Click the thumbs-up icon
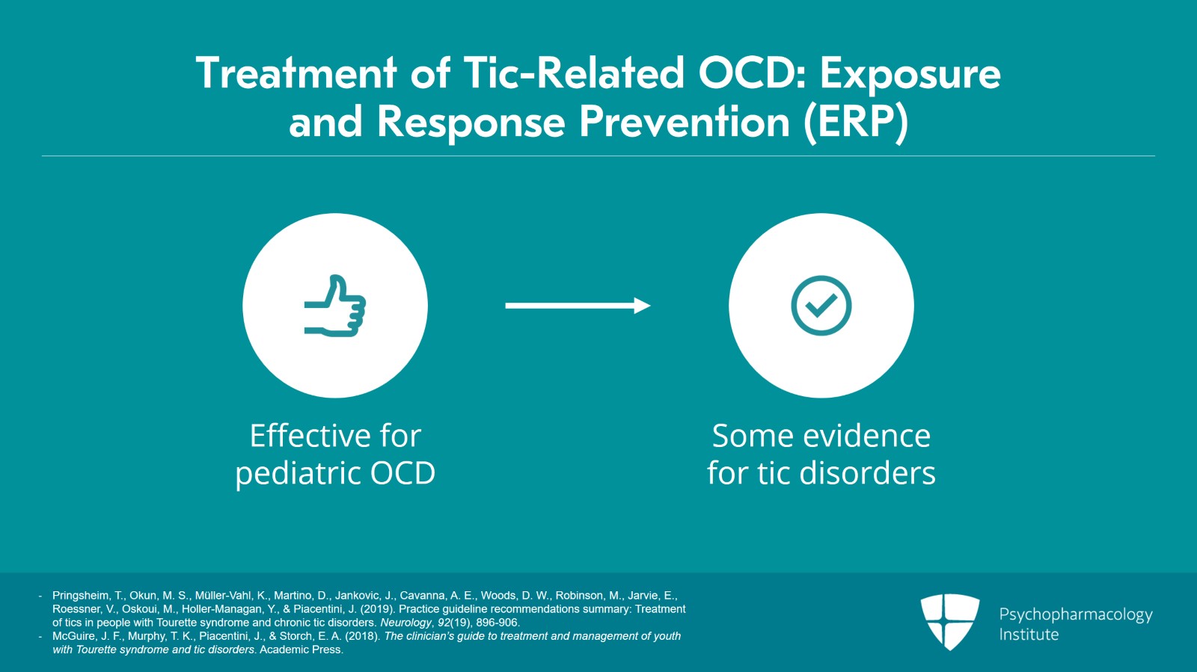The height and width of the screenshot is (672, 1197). point(335,306)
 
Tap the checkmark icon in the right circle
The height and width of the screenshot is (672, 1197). point(821,306)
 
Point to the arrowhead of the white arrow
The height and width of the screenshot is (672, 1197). point(643,305)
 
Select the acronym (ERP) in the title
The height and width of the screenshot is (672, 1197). point(856,122)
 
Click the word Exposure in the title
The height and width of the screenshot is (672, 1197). point(910,73)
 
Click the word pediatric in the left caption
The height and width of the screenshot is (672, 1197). point(296,473)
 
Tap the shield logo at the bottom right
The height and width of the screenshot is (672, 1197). point(949,621)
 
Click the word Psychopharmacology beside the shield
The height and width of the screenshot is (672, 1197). point(1075,614)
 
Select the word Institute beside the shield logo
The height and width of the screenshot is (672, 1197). point(1029,635)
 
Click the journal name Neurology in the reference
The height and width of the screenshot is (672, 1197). point(405,623)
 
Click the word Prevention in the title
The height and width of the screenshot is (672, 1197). point(684,122)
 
